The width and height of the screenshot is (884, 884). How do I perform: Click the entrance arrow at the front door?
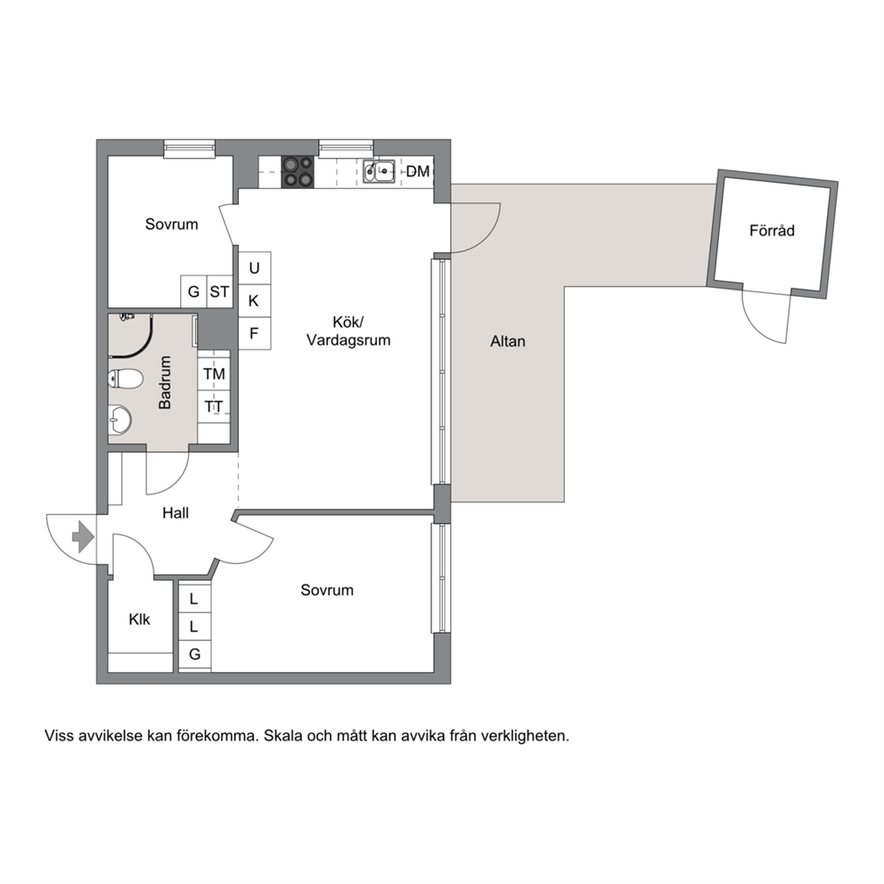click(84, 536)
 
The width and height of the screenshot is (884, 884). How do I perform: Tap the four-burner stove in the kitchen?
click(298, 172)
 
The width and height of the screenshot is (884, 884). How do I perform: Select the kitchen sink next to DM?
click(379, 171)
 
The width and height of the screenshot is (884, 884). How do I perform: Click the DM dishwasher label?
click(418, 171)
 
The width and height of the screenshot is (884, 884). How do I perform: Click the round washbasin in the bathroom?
click(119, 420)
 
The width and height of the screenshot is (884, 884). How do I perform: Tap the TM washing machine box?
click(214, 373)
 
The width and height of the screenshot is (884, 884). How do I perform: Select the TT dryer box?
click(214, 406)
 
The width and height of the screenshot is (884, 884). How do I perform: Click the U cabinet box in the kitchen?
click(254, 268)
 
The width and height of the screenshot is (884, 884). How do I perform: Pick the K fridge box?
click(254, 301)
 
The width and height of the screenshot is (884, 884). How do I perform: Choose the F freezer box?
click(254, 333)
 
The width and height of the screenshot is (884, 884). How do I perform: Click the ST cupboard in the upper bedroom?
click(220, 291)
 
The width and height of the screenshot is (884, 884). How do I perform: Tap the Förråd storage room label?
click(772, 230)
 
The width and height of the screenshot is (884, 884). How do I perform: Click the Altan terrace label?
click(508, 341)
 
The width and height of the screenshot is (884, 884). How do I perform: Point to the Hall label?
click(176, 512)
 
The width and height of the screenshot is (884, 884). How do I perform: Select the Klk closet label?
click(139, 619)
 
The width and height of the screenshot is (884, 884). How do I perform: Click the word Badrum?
click(165, 382)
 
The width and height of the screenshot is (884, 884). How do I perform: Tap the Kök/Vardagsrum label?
click(348, 331)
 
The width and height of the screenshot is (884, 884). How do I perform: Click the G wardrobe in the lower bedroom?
click(194, 654)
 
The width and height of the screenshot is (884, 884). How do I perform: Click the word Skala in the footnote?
click(283, 735)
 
